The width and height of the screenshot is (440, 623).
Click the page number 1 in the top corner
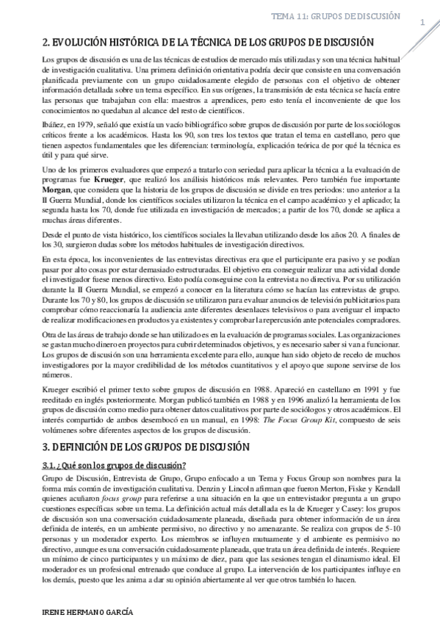[x=422, y=23]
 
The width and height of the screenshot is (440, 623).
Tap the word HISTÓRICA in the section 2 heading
[x=134, y=43]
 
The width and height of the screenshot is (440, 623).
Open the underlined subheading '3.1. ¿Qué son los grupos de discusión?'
[x=114, y=465]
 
